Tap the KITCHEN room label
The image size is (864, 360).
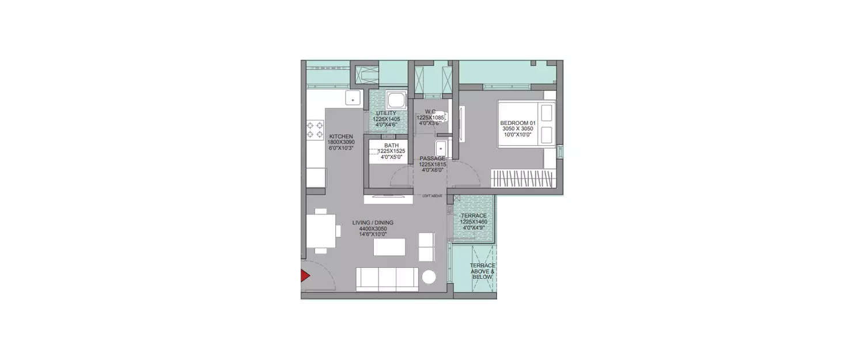pyautogui.click(x=341, y=137)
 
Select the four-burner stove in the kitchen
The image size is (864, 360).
pyautogui.click(x=314, y=130)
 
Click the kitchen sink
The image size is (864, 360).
pyautogui.click(x=352, y=98)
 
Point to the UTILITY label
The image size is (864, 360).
pyautogui.click(x=385, y=113)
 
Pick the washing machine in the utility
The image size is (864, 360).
pyautogui.click(x=396, y=98)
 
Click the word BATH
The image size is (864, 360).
pyautogui.click(x=392, y=146)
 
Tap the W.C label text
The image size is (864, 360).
pyautogui.click(x=430, y=112)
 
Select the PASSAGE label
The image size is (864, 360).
pyautogui.click(x=433, y=158)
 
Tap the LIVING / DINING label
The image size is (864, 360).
pyautogui.click(x=373, y=222)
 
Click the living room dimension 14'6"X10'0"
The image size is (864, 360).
pyautogui.click(x=373, y=234)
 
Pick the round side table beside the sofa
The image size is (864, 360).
pyautogui.click(x=430, y=277)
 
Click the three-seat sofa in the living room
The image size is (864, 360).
pyautogui.click(x=387, y=279)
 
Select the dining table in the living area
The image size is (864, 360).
pyautogui.click(x=321, y=230)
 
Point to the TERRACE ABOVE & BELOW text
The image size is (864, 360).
pyautogui.click(x=482, y=271)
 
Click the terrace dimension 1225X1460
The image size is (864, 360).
pyautogui.click(x=474, y=221)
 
